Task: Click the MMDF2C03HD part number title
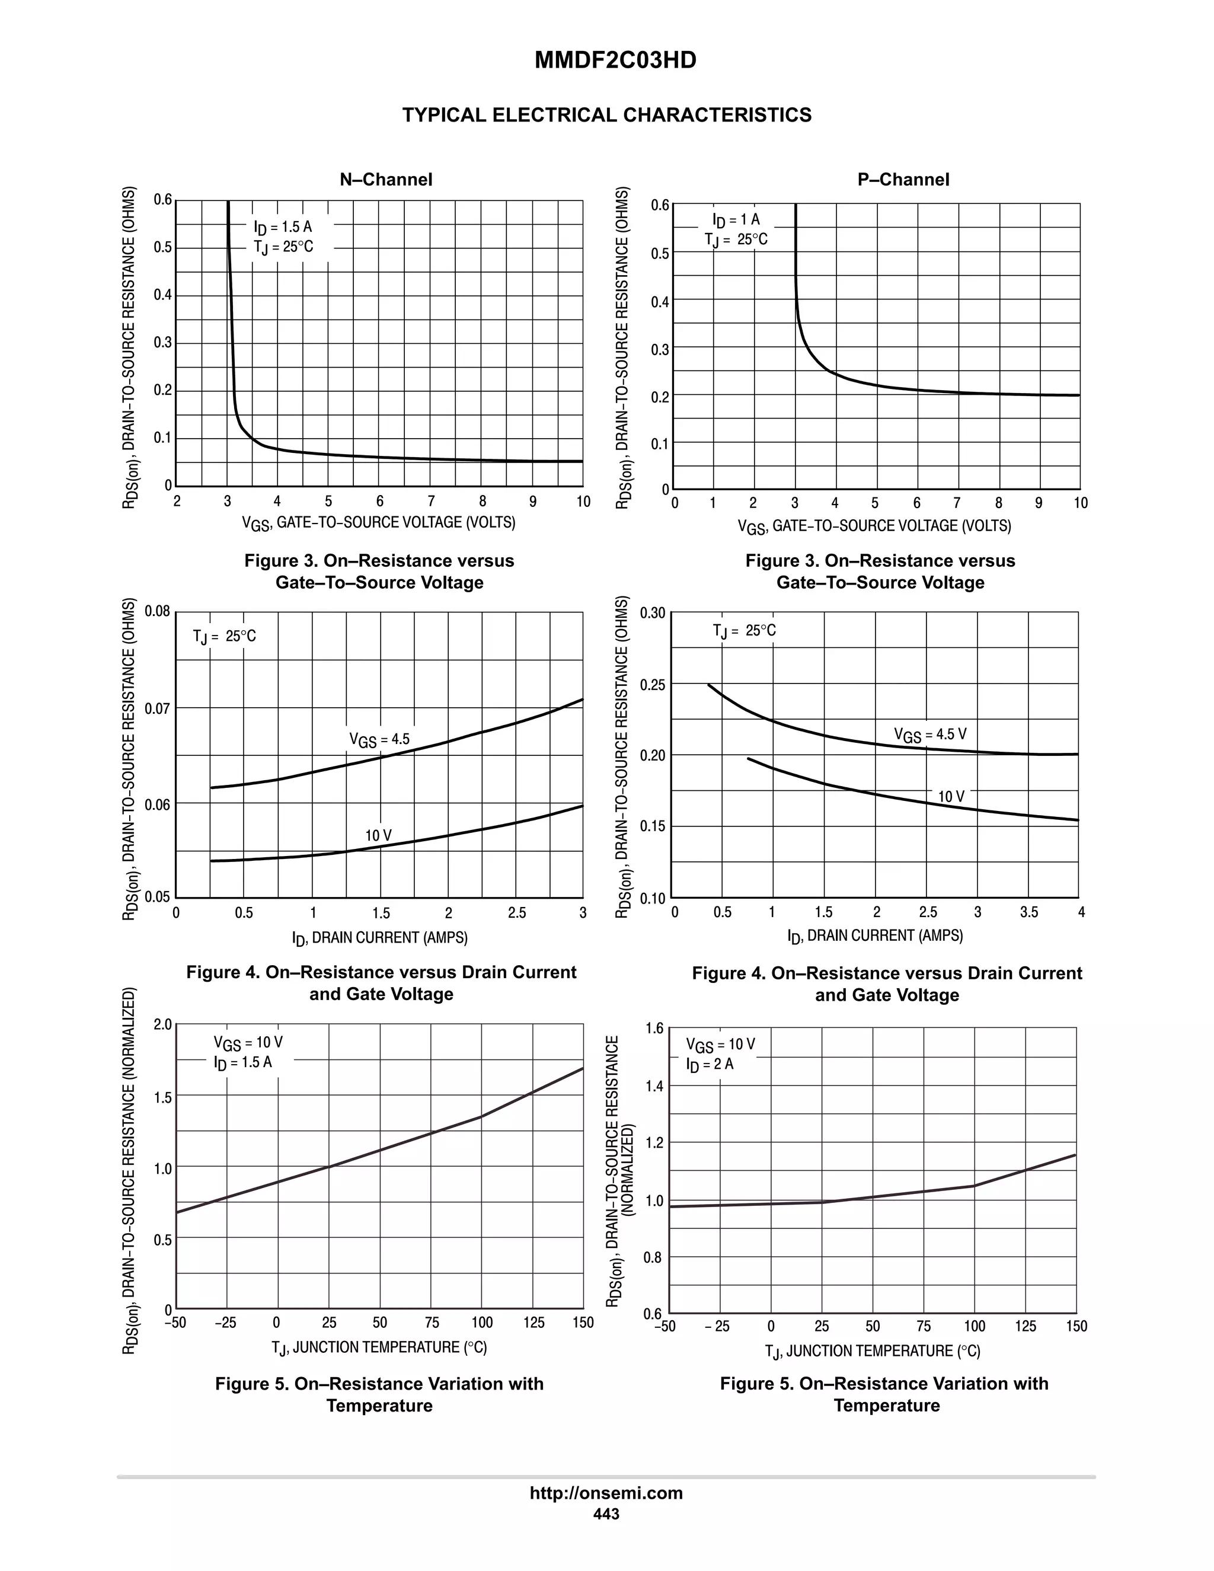tap(615, 60)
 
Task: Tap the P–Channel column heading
tap(903, 179)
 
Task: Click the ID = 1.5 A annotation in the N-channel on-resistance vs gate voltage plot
tap(283, 226)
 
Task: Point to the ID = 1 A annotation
tap(736, 219)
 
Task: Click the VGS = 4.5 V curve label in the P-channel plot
tap(930, 735)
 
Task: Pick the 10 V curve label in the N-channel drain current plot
tap(378, 835)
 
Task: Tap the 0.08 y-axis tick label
tap(158, 612)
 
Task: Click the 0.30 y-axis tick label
tap(652, 613)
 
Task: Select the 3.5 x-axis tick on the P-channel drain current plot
tap(1028, 912)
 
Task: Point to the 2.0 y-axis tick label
tap(163, 1024)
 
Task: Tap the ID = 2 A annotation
tap(710, 1065)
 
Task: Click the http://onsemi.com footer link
tap(606, 1493)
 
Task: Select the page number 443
tap(606, 1513)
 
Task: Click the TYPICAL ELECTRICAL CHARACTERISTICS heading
tap(606, 115)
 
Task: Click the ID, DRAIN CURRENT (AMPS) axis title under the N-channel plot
tap(380, 938)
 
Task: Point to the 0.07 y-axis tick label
tap(158, 708)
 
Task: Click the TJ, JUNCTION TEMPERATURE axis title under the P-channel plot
tap(873, 1351)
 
